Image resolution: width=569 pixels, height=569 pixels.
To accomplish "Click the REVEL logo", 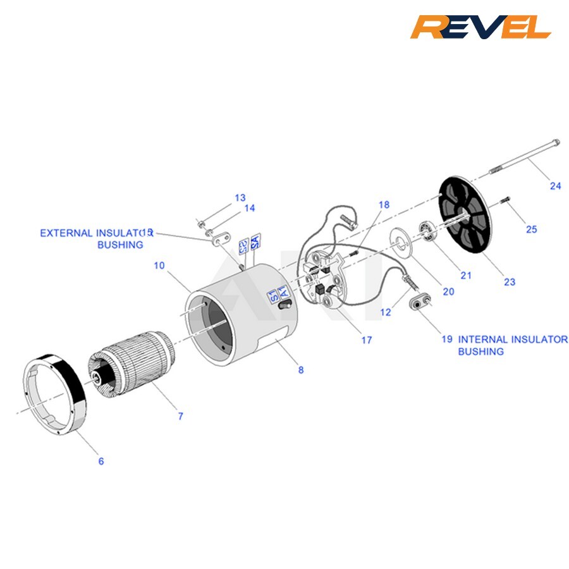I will [480, 27].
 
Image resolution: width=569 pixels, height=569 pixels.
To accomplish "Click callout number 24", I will [555, 186].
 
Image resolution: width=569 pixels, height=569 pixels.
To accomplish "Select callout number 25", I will [531, 229].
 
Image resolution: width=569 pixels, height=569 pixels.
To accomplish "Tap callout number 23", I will [509, 282].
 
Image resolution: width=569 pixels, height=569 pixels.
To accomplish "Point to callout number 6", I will [101, 461].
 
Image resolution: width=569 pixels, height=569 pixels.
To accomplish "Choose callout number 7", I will [180, 416].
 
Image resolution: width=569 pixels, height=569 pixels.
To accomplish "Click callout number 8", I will [301, 370].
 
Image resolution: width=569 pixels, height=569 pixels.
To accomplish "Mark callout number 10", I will [159, 266].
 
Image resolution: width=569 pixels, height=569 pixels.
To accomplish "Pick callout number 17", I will [367, 340].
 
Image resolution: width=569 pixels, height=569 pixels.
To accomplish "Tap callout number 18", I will [384, 205].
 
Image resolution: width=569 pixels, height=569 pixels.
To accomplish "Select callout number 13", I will [240, 198].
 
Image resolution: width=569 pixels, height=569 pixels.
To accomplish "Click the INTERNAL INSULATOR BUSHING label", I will [512, 345].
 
